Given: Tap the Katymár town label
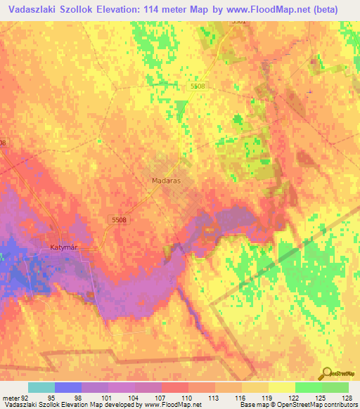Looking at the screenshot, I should click(66, 247).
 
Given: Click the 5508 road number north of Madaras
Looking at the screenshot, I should click(198, 86).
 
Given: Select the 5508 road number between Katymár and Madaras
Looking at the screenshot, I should click(119, 221).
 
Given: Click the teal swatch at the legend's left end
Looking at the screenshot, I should click(41, 387).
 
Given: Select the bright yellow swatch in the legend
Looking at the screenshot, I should click(281, 387).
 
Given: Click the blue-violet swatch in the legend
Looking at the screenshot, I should click(67, 387).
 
